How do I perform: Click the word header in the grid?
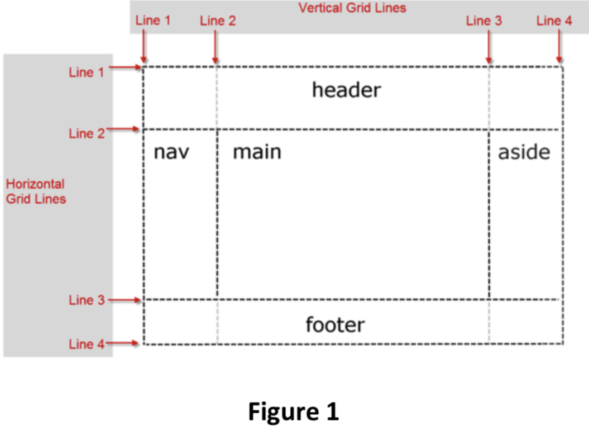tap(346, 91)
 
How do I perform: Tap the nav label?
tap(171, 153)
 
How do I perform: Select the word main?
tap(257, 152)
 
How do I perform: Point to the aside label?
tap(524, 152)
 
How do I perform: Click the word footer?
tap(335, 325)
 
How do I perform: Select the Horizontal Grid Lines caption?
tap(36, 191)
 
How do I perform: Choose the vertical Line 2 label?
tap(217, 21)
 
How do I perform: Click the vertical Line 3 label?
tap(484, 21)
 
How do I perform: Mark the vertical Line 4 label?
tap(554, 21)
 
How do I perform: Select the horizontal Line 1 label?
tap(86, 72)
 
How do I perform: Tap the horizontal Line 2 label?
tap(86, 133)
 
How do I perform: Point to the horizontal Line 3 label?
tap(86, 300)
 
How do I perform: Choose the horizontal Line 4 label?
tap(86, 345)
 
